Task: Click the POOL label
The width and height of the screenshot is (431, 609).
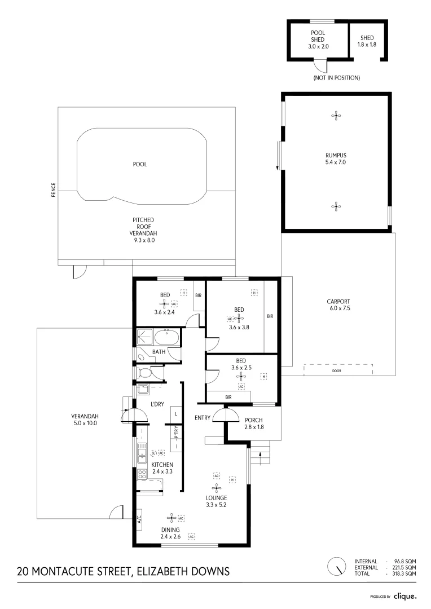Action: pyautogui.click(x=140, y=164)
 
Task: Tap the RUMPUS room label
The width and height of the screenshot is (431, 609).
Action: pyautogui.click(x=335, y=158)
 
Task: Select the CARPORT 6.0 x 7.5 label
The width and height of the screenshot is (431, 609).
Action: pyautogui.click(x=338, y=304)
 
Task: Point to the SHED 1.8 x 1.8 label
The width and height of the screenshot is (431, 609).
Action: pyautogui.click(x=367, y=41)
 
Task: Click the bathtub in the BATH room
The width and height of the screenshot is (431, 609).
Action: pyautogui.click(x=166, y=339)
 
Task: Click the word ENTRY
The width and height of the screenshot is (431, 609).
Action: pyautogui.click(x=203, y=418)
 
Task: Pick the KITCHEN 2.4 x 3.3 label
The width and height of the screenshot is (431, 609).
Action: pyautogui.click(x=159, y=467)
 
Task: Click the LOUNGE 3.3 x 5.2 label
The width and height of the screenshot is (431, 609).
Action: pyautogui.click(x=216, y=501)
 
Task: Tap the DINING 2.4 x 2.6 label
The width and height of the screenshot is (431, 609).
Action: pyautogui.click(x=170, y=533)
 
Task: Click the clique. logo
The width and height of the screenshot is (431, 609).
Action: pyautogui.click(x=404, y=596)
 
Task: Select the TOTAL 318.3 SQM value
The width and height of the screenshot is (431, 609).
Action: pyautogui.click(x=405, y=573)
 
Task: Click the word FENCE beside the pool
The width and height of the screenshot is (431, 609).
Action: pyautogui.click(x=54, y=190)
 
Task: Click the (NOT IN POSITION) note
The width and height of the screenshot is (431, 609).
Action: pyautogui.click(x=336, y=77)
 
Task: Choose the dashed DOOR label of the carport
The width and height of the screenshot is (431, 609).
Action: pyautogui.click(x=337, y=371)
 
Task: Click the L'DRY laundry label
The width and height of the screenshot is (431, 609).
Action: pyautogui.click(x=157, y=404)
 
